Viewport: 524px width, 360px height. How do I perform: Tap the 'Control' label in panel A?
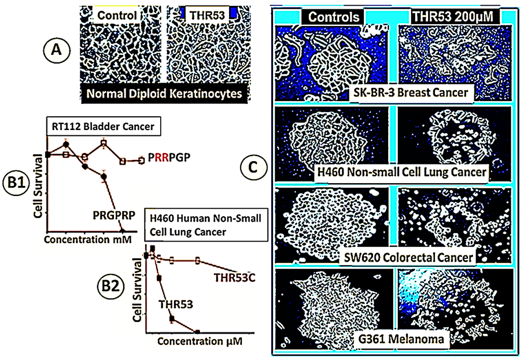[x=117, y=16]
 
